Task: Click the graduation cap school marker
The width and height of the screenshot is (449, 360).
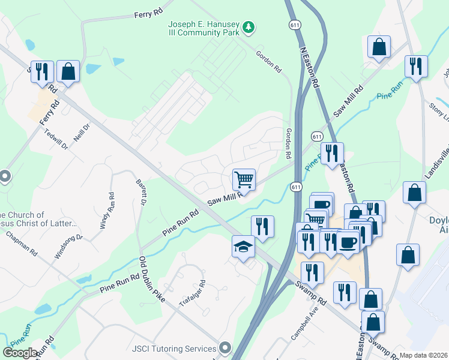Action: [x=243, y=247]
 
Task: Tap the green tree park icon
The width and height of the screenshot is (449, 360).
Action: [x=248, y=27]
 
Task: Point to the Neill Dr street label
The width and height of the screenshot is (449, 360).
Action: [x=82, y=128]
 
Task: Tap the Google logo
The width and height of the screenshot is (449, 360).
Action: [x=20, y=353]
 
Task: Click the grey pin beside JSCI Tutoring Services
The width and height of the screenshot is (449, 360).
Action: [x=225, y=347]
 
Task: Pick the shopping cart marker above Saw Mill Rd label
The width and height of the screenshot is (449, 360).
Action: [x=244, y=178]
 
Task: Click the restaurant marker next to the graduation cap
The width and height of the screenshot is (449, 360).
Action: [x=262, y=226]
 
